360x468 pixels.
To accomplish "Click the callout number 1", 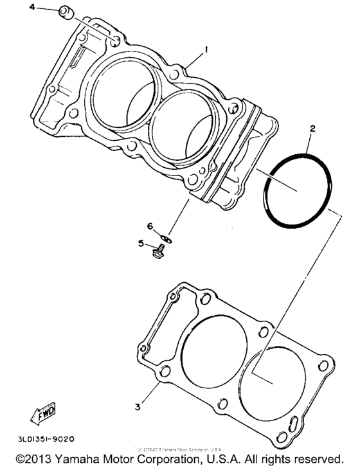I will tap(206, 50).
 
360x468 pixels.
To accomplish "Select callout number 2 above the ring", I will tap(312, 129).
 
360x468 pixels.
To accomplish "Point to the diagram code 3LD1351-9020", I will tap(42, 440).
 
